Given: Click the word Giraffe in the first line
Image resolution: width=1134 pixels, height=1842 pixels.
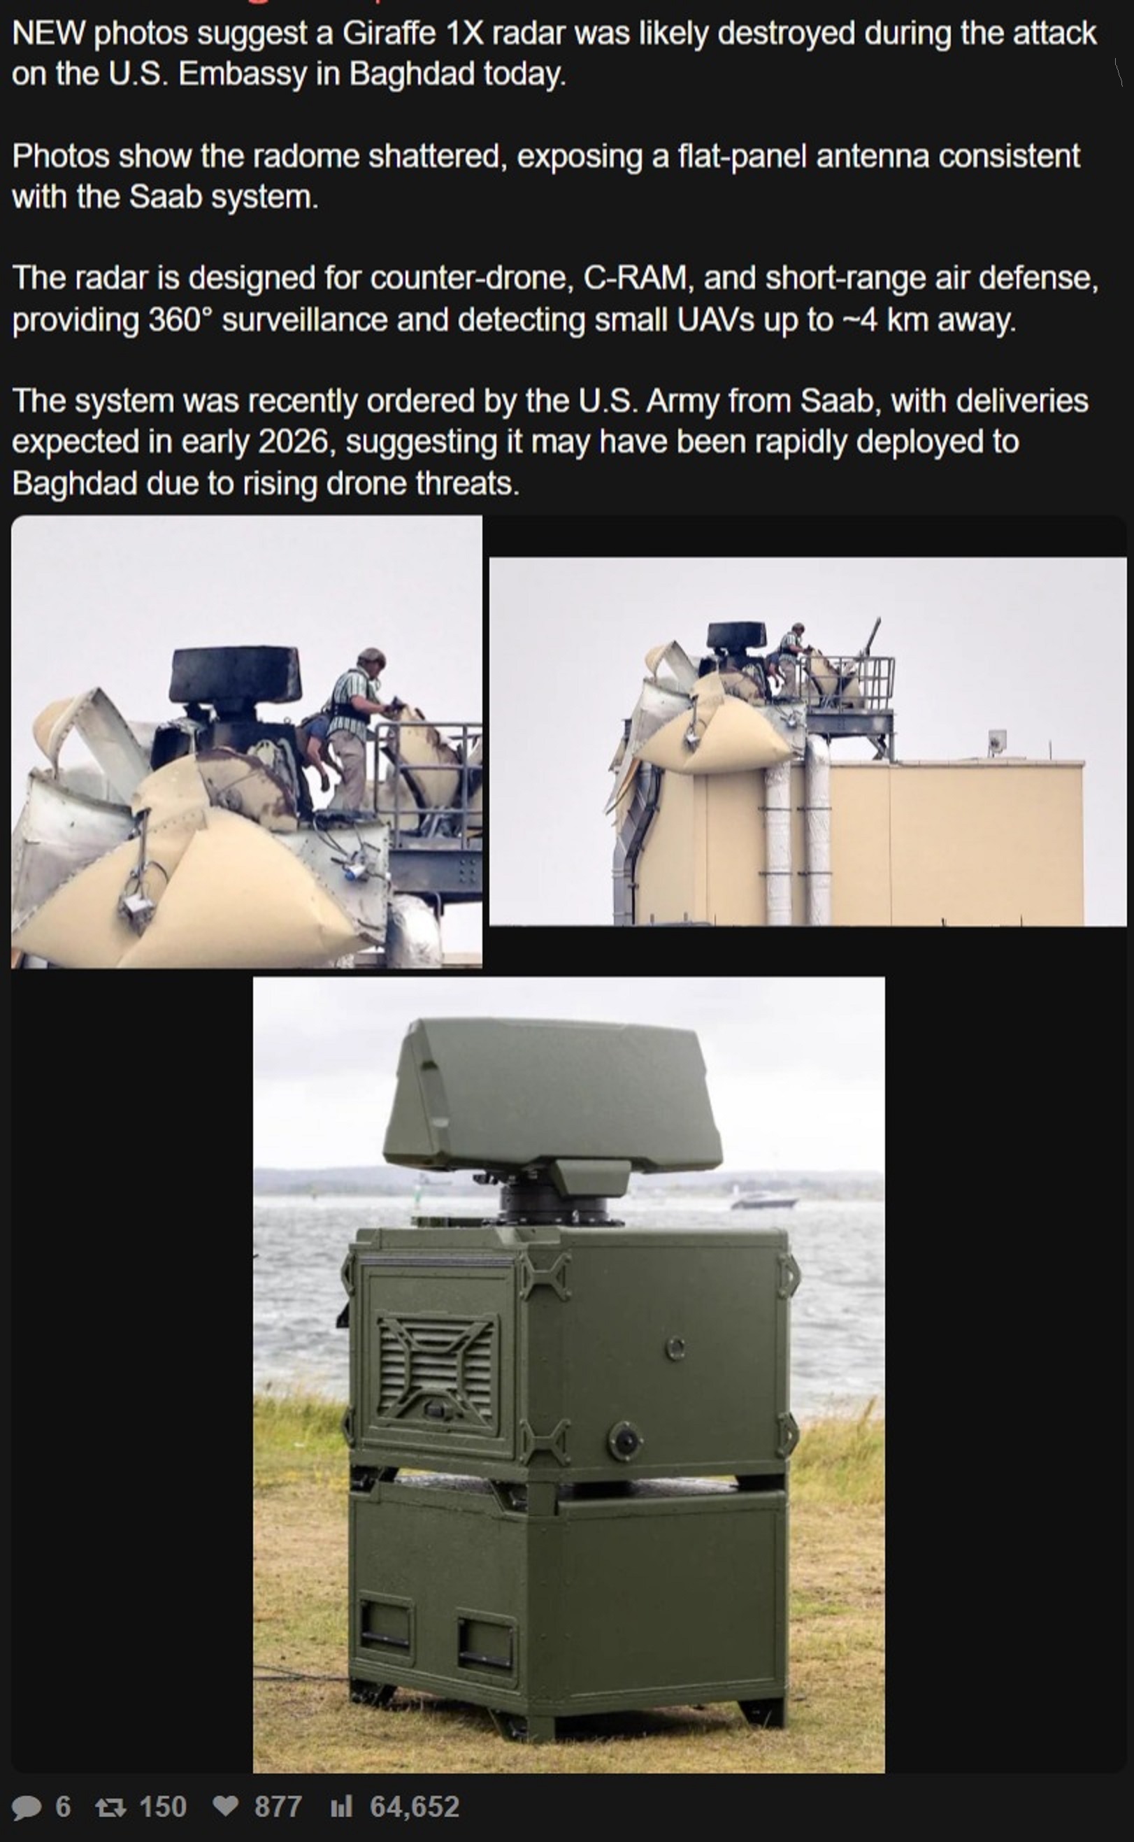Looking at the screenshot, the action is (x=389, y=34).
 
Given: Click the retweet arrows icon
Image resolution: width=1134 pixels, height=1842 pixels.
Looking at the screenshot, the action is (x=110, y=1807).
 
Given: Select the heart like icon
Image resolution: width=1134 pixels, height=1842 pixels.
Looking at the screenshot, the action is (x=227, y=1806).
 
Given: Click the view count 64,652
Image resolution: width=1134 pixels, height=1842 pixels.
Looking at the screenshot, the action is (x=414, y=1807).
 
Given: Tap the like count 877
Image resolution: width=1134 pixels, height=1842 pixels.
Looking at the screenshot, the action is (x=278, y=1807).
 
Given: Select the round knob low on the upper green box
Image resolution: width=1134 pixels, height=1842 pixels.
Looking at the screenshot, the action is (x=625, y=1438).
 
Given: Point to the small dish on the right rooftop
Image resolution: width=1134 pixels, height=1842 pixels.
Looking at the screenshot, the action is (x=997, y=742).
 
